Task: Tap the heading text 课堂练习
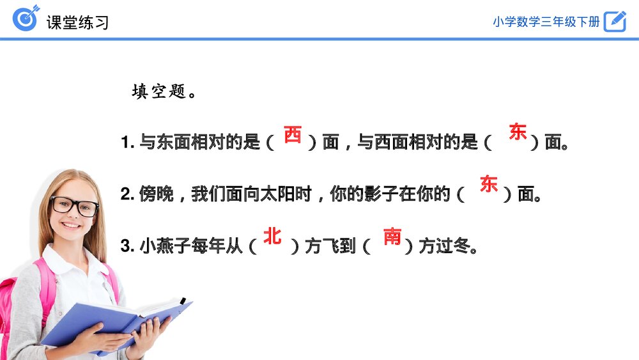(77, 22)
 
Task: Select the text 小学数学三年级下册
(546, 22)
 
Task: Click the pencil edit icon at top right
(615, 21)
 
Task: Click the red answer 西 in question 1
(293, 134)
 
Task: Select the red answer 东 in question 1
(518, 132)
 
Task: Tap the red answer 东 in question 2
(489, 184)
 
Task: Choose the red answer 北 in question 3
(272, 236)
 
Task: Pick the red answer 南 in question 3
(392, 237)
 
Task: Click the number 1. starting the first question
(128, 143)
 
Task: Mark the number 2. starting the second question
(128, 194)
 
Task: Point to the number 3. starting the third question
(128, 246)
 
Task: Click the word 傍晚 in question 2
(157, 194)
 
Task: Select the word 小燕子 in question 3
(165, 246)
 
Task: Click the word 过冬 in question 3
(453, 246)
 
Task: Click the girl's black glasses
(73, 206)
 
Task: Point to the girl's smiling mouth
(72, 225)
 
